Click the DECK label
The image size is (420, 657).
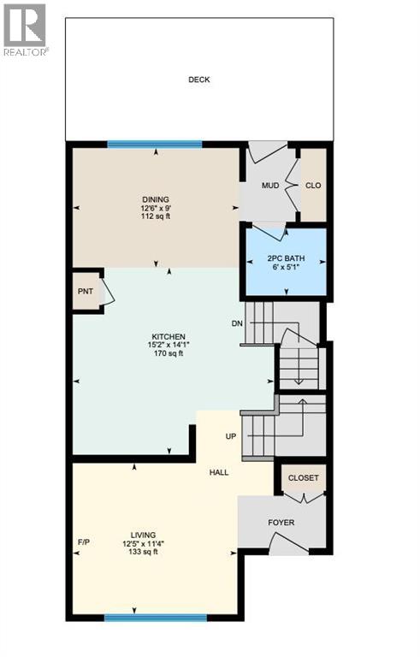198,80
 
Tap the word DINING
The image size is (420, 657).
156,199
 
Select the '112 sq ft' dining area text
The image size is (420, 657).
156,216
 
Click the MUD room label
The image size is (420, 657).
270,185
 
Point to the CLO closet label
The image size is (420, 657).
313,185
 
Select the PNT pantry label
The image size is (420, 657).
86,291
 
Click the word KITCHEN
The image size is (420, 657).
169,336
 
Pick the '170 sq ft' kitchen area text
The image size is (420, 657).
169,353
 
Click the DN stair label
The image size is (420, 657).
238,323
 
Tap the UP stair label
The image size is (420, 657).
230,436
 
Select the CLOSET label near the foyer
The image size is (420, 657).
303,478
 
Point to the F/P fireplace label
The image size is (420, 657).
84,542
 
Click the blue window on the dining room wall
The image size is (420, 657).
155,144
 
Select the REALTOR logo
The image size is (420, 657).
25,29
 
